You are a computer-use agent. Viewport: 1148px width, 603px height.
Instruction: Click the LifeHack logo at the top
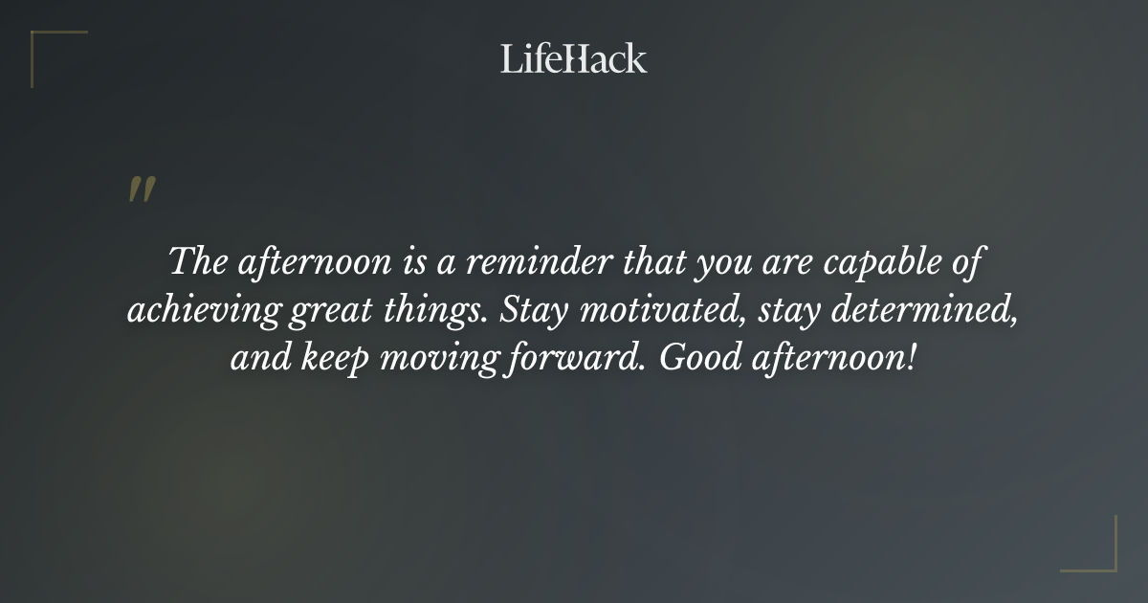tap(573, 58)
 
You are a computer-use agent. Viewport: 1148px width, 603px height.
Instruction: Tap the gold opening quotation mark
tap(142, 190)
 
